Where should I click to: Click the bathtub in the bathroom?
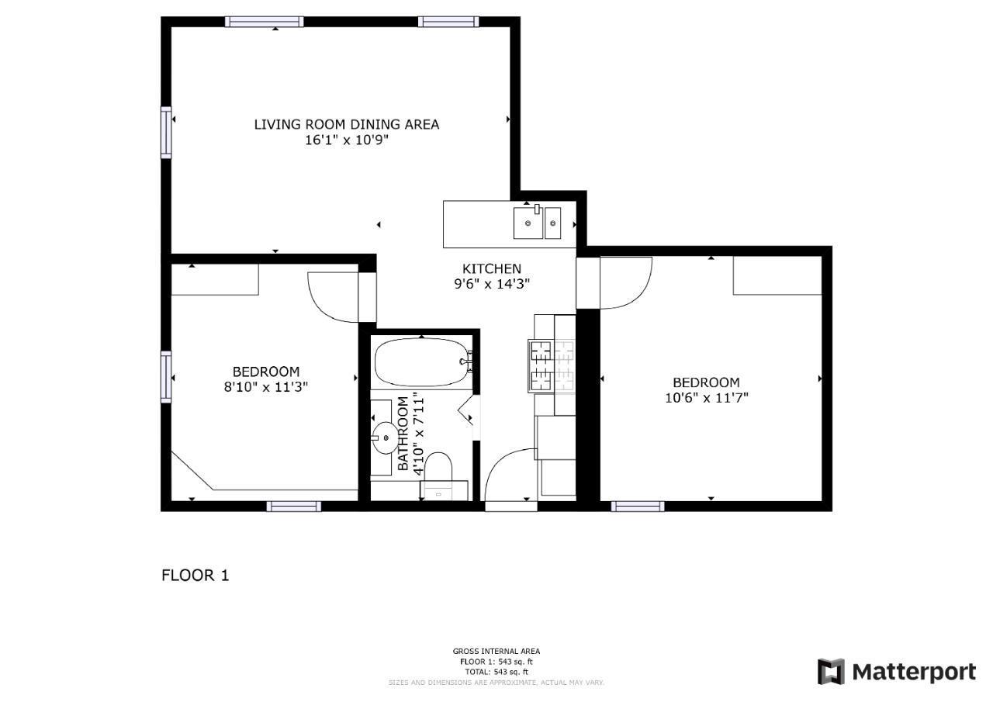coord(423,362)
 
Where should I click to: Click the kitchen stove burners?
coord(552,366)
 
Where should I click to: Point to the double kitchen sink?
coord(538,223)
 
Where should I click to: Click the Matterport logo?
coord(897,673)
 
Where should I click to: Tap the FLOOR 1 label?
coord(195,576)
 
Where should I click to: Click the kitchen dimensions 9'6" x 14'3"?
coord(492,284)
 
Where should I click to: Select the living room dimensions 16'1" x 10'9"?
coord(347,140)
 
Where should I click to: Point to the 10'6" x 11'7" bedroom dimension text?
coord(707,397)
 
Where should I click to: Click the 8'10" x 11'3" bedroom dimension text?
coord(266,387)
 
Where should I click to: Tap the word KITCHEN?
coord(492,268)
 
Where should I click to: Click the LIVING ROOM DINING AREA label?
coord(347,125)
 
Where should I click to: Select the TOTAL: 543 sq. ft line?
coord(496,672)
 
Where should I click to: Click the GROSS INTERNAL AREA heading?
coord(496,651)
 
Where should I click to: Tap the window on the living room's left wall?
coord(166,133)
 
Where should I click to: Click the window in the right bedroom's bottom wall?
coord(638,506)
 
